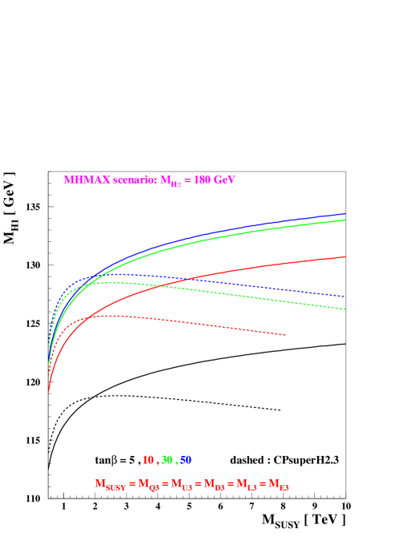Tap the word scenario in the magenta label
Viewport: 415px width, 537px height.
[129, 180]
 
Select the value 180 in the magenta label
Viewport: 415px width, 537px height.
[201, 180]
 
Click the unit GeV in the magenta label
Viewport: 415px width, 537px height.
[224, 180]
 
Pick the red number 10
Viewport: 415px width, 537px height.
[147, 460]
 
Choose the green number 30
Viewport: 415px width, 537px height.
[167, 460]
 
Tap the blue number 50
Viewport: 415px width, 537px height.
[186, 460]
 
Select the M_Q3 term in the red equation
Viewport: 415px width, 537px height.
[148, 484]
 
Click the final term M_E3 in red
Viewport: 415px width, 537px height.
[279, 484]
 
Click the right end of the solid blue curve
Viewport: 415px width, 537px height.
[344, 214]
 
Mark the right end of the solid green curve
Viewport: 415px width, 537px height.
[344, 220]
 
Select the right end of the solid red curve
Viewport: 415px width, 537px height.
[344, 256]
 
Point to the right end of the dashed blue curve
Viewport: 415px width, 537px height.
[344, 297]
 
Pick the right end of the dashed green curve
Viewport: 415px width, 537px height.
[344, 309]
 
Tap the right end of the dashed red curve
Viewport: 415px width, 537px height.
[285, 335]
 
